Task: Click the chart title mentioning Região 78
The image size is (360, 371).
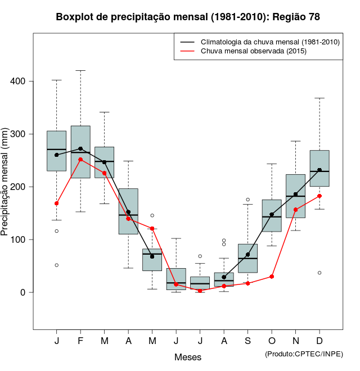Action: tap(188, 17)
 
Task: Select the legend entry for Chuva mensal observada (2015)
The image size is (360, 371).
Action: tap(253, 51)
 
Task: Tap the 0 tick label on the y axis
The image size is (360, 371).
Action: tap(22, 292)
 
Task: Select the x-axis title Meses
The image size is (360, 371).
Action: tap(188, 357)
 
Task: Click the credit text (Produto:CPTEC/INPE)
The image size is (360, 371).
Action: tap(304, 353)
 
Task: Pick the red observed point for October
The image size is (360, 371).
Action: tap(272, 277)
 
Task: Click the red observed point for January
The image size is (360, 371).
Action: tap(57, 203)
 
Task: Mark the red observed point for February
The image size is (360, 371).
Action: tap(80, 159)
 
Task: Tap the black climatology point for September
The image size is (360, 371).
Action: tap(247, 255)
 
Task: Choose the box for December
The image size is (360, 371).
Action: tap(319, 168)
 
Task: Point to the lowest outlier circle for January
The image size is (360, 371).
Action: tap(57, 265)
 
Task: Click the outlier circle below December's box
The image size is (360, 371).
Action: tap(319, 273)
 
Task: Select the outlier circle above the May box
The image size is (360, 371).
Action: tap(152, 215)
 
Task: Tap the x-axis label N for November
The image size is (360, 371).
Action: tap(295, 341)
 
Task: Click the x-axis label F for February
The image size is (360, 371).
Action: tap(80, 341)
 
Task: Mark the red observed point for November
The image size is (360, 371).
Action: tap(295, 210)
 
